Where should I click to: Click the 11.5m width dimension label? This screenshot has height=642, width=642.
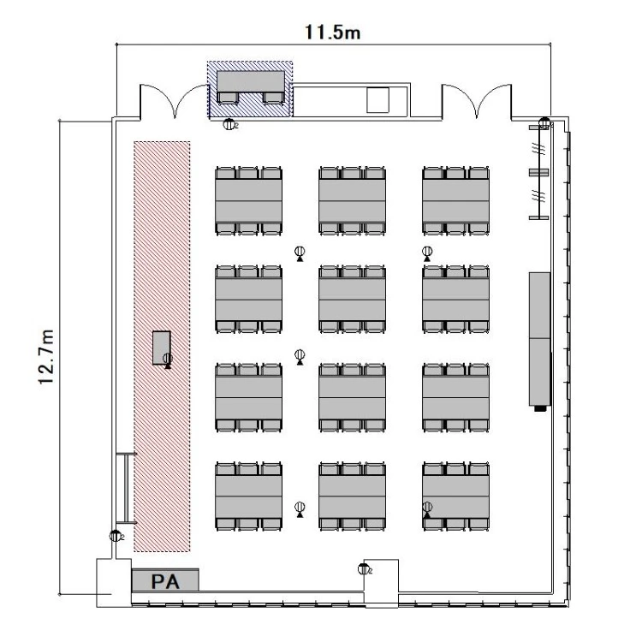click(332, 33)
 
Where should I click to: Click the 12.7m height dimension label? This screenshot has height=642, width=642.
click(46, 357)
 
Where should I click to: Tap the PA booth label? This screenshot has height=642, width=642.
click(165, 581)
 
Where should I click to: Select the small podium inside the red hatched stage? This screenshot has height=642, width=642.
click(161, 348)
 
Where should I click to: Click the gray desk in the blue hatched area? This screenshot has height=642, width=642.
click(251, 81)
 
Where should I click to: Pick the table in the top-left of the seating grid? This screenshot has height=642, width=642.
click(248, 200)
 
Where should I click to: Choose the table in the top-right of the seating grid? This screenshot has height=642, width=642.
click(455, 200)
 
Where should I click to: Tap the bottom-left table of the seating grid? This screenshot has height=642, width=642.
click(248, 496)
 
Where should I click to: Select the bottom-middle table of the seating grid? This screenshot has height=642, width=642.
click(352, 496)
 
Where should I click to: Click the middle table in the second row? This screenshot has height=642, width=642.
click(352, 300)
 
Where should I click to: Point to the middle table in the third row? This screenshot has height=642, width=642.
click(352, 397)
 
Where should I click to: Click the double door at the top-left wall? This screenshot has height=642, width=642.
click(175, 101)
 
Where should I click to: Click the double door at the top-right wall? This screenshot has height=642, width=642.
click(477, 101)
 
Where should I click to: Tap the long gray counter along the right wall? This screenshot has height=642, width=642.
click(539, 339)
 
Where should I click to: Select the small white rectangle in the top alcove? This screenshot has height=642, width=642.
click(377, 100)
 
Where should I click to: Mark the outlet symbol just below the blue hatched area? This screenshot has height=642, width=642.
click(229, 124)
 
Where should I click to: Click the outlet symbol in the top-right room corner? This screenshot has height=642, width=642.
click(544, 122)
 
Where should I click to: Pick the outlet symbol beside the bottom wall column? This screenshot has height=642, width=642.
click(363, 569)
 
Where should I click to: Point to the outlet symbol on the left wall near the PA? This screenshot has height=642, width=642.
click(116, 536)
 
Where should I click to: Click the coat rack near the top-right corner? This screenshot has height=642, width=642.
click(539, 172)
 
